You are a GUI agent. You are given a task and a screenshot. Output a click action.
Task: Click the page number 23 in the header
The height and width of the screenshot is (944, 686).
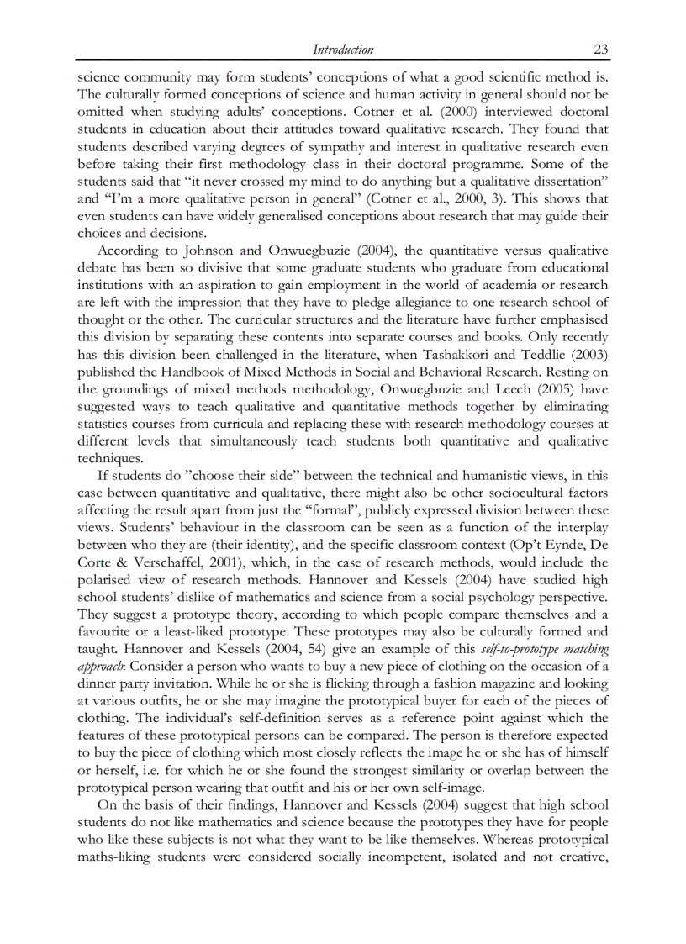[601, 50]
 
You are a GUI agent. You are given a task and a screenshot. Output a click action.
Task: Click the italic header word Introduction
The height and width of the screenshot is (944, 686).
[342, 50]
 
